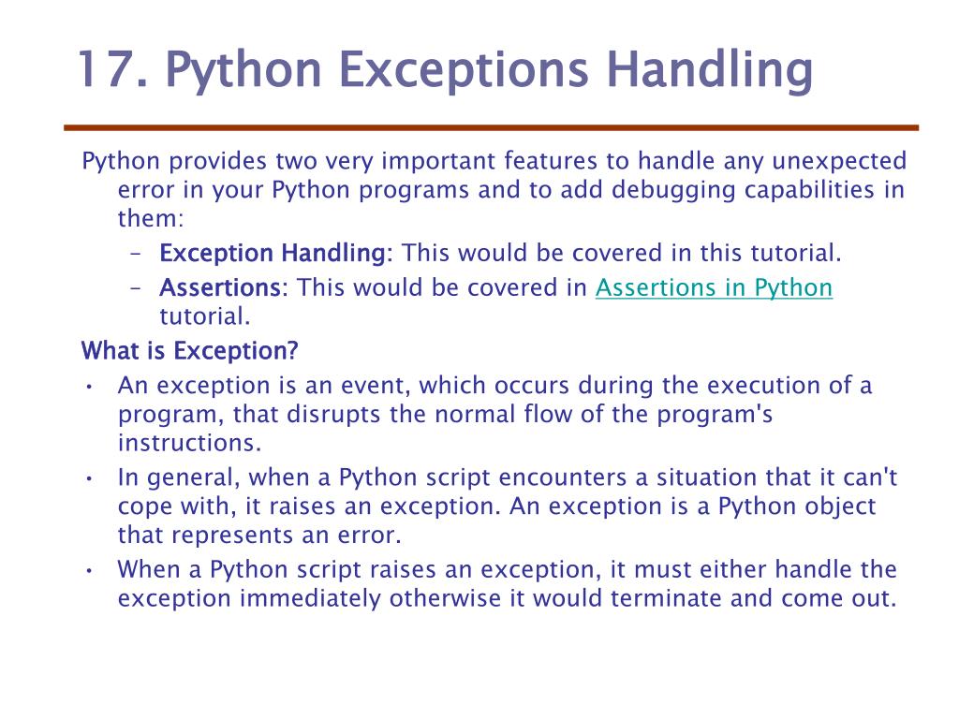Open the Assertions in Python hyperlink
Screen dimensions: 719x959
pos(714,287)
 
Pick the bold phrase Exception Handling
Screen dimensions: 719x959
pos(272,254)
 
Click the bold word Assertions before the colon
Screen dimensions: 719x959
pos(219,287)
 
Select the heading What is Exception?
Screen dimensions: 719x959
pos(189,351)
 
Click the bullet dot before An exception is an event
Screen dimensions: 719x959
pos(87,387)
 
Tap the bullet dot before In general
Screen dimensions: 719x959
pos(87,478)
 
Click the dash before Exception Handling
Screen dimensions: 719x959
pos(135,254)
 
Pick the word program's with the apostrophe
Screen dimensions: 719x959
pos(716,415)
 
